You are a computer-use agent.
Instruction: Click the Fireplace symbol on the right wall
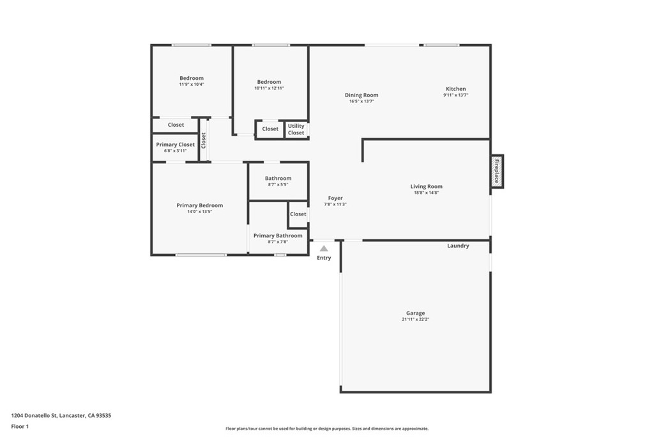point(497,171)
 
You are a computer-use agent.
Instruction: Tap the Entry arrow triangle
point(324,248)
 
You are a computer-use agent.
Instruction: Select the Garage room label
point(415,313)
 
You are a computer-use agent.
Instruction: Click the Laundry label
point(458,246)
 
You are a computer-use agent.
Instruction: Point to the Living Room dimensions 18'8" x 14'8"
point(426,193)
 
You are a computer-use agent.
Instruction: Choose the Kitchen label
point(455,89)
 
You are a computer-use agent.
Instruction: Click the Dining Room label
point(361,95)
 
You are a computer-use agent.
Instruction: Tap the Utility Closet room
point(296,129)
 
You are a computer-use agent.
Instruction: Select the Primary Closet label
point(175,145)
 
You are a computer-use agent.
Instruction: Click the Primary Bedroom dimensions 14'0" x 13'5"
point(199,211)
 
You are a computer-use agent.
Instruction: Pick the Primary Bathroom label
point(278,235)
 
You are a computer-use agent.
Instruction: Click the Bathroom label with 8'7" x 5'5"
point(278,179)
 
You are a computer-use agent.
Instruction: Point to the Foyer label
point(335,198)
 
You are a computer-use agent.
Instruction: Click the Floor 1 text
point(20,425)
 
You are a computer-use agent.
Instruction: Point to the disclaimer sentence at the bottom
point(326,429)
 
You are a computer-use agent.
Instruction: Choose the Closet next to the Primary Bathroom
point(298,214)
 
